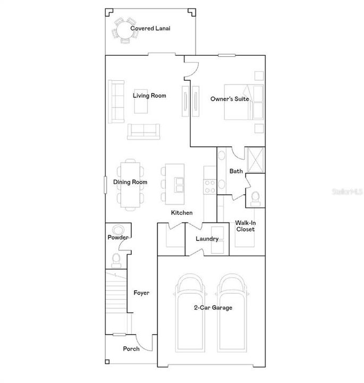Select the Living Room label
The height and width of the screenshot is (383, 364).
(x=149, y=96)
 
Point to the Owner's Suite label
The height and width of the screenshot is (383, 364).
(x=230, y=99)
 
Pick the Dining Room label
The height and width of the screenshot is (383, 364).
(x=130, y=182)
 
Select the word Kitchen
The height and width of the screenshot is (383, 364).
(x=181, y=213)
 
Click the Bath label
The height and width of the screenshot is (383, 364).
(x=236, y=171)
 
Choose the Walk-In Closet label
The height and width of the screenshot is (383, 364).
(x=245, y=226)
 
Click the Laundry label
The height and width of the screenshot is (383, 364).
(x=207, y=239)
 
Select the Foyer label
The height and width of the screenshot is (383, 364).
(x=141, y=293)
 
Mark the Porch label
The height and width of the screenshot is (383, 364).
(x=131, y=349)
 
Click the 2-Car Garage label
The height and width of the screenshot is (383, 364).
(x=213, y=307)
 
